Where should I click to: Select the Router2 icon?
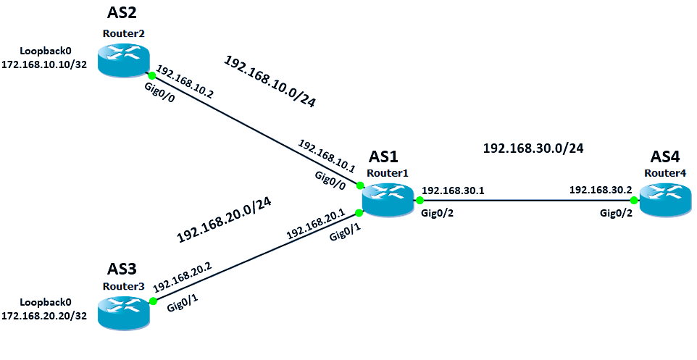(123, 60)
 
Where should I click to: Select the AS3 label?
(122, 269)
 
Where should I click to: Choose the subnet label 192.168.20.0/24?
(224, 219)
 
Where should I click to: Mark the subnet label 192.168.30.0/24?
(533, 148)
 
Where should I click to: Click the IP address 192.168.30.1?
(453, 191)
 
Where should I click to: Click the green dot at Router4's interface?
(633, 200)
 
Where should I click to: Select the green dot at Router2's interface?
(151, 75)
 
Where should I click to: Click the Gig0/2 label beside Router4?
(615, 214)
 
